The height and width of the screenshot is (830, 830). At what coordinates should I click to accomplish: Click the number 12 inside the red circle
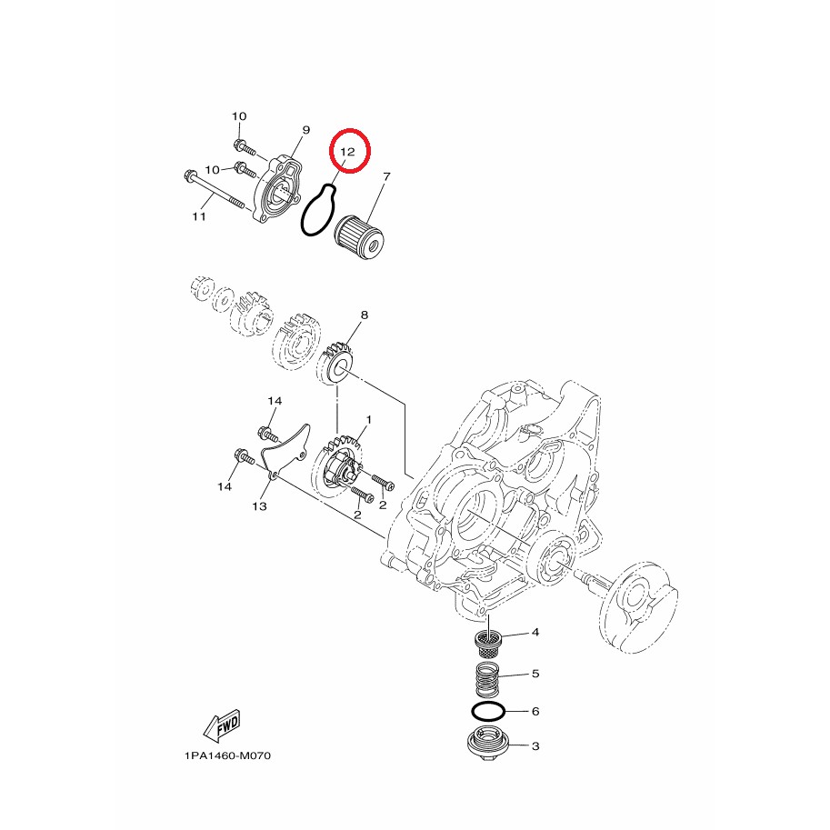(347, 152)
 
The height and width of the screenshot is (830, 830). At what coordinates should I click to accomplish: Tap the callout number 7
(386, 176)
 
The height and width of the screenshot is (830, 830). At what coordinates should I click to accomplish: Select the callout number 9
(306, 130)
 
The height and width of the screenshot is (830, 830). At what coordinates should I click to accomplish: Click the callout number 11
(199, 216)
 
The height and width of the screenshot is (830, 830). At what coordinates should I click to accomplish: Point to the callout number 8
(365, 315)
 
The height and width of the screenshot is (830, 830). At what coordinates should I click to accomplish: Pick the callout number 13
(259, 506)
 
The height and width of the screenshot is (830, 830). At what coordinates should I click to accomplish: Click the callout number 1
(368, 420)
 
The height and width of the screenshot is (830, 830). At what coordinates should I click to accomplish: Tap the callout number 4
(535, 632)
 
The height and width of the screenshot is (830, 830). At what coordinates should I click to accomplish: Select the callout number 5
(535, 674)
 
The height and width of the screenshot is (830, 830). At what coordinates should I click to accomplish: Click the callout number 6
(535, 711)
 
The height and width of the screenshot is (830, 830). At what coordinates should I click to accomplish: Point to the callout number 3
(535, 745)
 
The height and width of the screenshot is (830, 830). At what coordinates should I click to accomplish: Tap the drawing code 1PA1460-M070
(227, 755)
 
